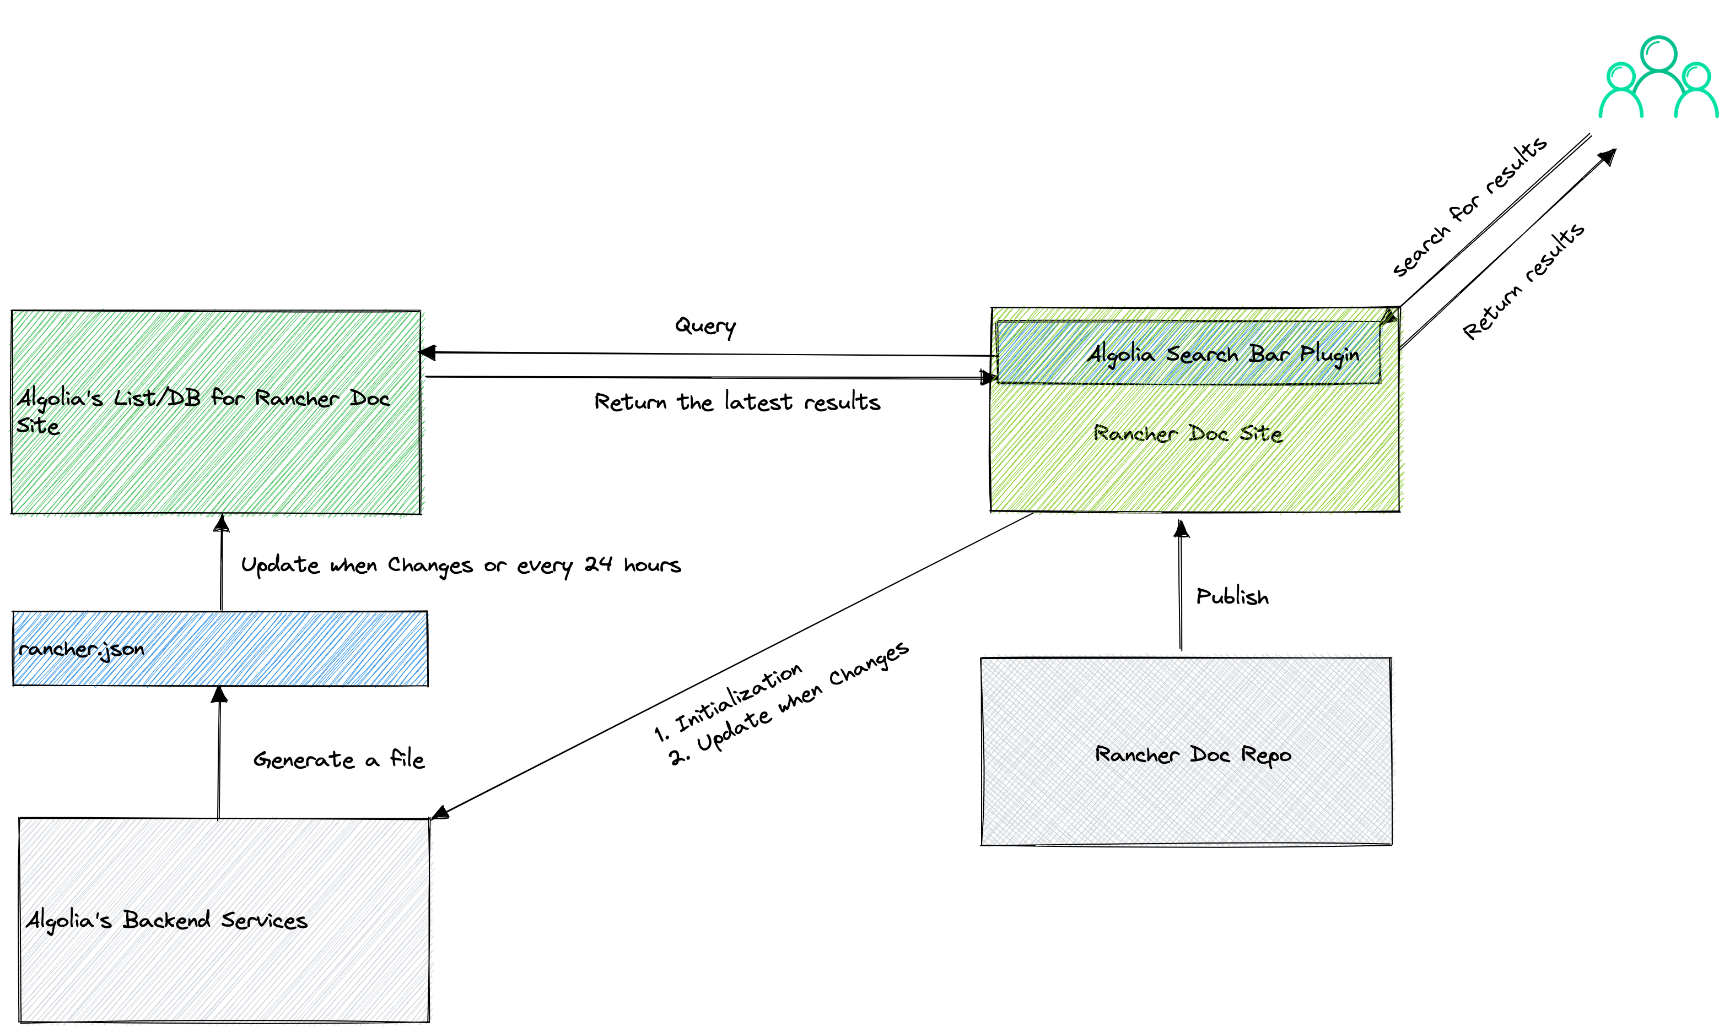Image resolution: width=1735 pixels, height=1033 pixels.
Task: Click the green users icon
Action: pyautogui.click(x=1658, y=78)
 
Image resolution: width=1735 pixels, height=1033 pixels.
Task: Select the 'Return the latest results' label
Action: pyautogui.click(x=737, y=403)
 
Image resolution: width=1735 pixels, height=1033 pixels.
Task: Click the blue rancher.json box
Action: pyautogui.click(x=220, y=649)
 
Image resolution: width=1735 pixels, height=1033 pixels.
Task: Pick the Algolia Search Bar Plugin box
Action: pyautogui.click(x=1188, y=353)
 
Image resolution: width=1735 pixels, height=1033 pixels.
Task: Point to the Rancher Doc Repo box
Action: pyautogui.click(x=1186, y=752)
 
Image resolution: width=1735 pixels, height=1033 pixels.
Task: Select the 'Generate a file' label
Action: pyautogui.click(x=338, y=759)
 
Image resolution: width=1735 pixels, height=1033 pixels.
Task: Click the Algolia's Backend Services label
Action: pyautogui.click(x=167, y=920)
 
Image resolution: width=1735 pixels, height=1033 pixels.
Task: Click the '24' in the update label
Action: pyautogui.click(x=597, y=564)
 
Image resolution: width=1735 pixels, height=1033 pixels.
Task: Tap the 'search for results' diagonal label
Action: pyautogui.click(x=1470, y=208)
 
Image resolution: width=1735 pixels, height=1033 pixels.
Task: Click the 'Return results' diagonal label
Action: pyautogui.click(x=1523, y=282)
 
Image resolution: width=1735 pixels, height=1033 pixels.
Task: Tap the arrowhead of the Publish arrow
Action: pyautogui.click(x=1181, y=529)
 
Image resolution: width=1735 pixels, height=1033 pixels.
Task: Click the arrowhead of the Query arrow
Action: pyautogui.click(x=428, y=353)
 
